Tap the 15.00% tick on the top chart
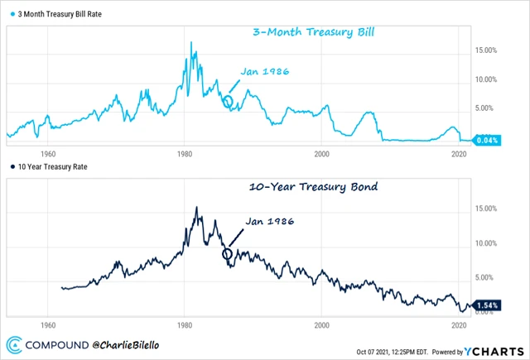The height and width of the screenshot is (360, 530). pos(485,50)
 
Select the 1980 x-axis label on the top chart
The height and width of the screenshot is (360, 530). pos(185,154)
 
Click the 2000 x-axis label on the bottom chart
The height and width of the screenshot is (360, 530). pos(322,325)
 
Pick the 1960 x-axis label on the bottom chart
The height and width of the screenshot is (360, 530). pos(47,325)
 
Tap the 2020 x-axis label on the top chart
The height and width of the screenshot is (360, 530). pos(459,154)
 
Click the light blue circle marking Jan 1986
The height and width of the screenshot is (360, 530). pos(229,102)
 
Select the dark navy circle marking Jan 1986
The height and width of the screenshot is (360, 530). pos(228,252)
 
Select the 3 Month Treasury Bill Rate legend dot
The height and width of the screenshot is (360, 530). pos(12,14)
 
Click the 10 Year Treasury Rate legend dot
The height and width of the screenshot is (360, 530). pos(12,167)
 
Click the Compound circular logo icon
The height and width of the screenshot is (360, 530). pos(13,343)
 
